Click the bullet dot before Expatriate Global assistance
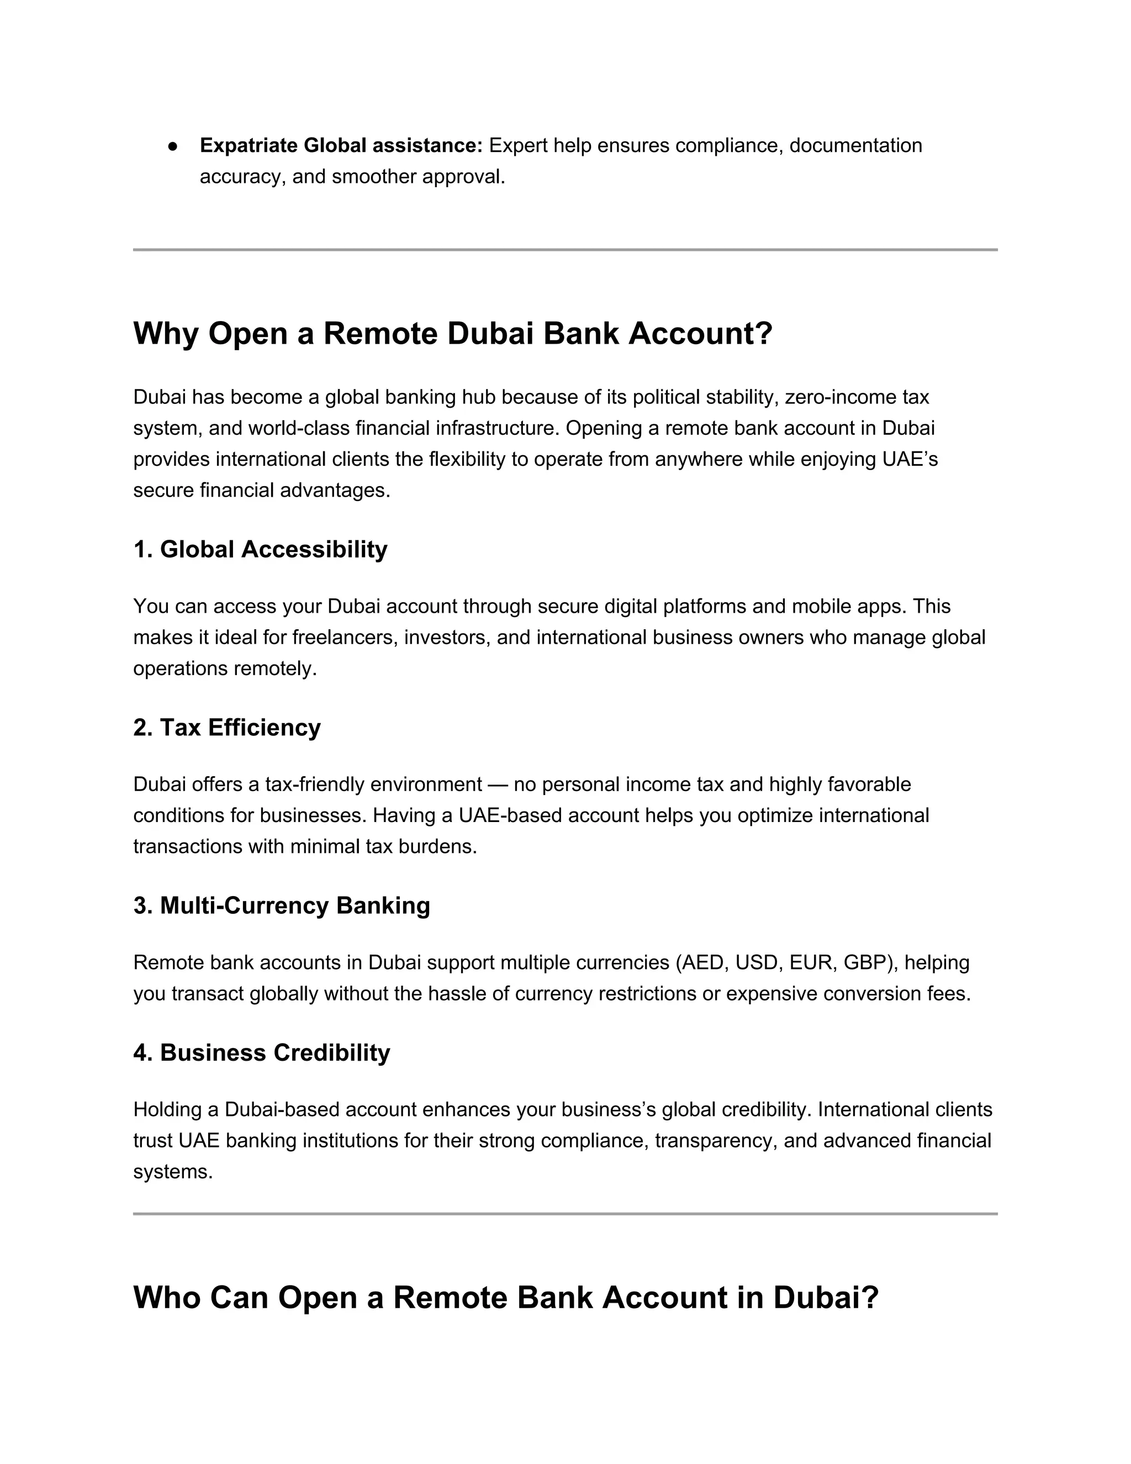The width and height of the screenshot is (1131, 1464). pos(172,146)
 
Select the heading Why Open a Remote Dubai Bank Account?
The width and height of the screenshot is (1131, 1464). pos(453,333)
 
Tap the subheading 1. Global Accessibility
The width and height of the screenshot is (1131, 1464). pos(260,549)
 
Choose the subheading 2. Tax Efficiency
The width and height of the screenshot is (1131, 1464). pos(226,728)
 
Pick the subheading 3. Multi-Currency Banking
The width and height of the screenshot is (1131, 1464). pos(282,905)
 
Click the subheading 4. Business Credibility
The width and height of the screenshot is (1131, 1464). pos(261,1052)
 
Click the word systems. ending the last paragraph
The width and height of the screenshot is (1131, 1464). pos(173,1172)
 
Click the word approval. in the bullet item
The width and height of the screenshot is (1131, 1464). pos(464,177)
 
